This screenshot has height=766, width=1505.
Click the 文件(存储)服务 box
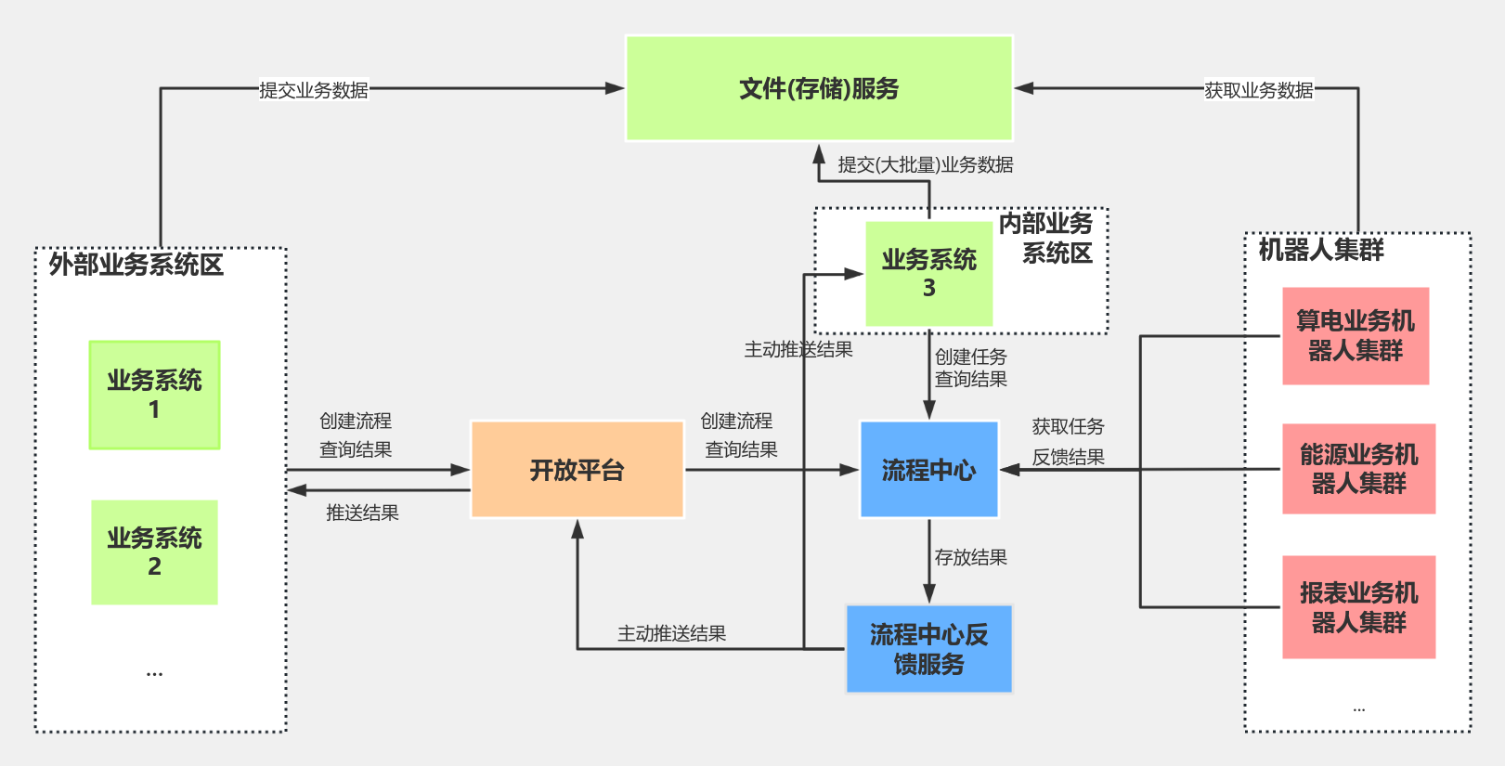pos(819,89)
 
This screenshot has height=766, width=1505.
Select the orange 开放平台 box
pos(577,470)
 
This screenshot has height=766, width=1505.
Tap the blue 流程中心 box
pos(928,470)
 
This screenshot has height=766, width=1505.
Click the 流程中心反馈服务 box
pos(928,649)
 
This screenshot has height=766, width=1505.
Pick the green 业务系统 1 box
pos(154,395)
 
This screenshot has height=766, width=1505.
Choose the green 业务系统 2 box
pos(154,552)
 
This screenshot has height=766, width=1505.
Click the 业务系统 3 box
pos(928,274)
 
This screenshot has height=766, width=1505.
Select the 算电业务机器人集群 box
pos(1355,336)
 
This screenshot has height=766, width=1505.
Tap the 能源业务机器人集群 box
pos(1358,469)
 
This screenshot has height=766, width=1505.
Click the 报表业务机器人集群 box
pos(1358,607)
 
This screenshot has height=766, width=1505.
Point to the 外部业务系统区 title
pos(136,265)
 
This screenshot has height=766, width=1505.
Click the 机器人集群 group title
pos(1320,250)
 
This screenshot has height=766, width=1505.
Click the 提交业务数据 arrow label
pos(313,90)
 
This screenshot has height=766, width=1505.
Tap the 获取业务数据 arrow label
pos(1258,90)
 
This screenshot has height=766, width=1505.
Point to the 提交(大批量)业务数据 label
pos(925,165)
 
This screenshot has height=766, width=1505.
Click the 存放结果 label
pos(970,557)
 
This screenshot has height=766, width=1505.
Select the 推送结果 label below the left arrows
pos(362,513)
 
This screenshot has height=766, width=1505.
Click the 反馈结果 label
pos(1068,457)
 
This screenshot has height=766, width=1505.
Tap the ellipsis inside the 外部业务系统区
pos(154,672)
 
